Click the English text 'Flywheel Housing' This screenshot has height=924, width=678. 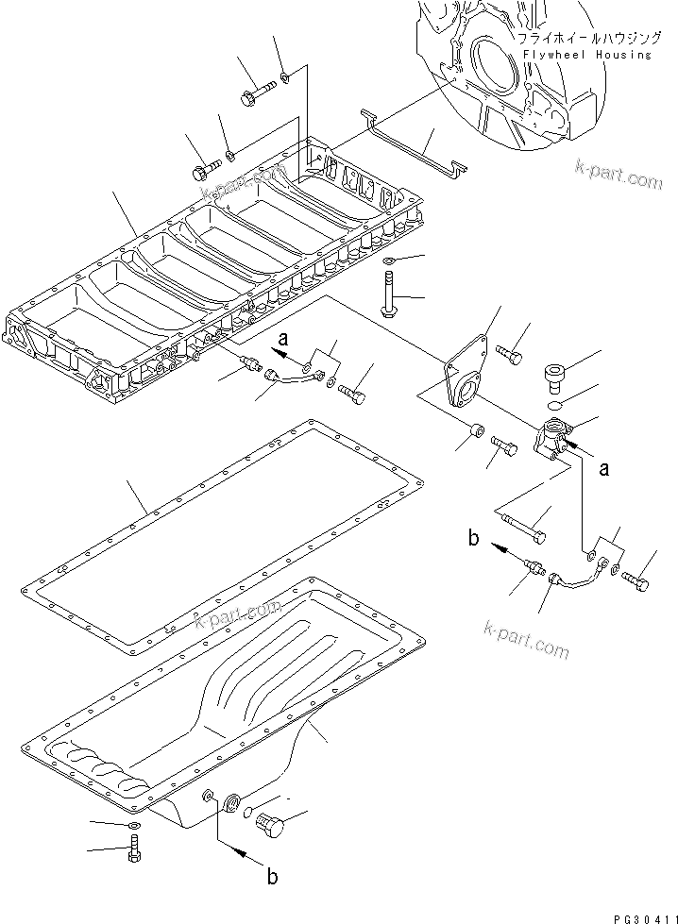[584, 55]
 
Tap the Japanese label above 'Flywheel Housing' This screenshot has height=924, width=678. [584, 39]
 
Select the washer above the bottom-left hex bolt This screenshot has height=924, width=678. [133, 826]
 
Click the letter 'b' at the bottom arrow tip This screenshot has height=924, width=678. [272, 878]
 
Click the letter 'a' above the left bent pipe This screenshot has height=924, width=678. [281, 335]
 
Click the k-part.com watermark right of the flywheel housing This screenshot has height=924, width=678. [619, 174]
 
